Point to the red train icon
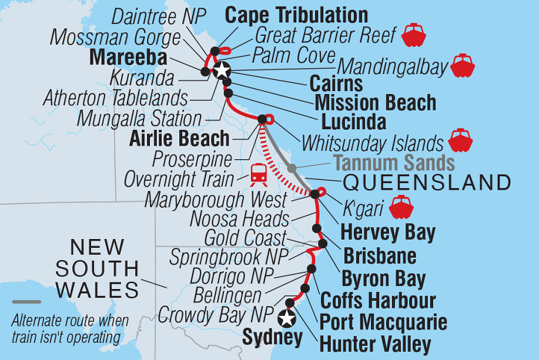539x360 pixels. (258, 173)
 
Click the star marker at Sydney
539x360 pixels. (285, 319)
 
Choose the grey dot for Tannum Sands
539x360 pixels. (293, 167)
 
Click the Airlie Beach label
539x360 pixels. (179, 138)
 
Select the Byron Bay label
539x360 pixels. (383, 280)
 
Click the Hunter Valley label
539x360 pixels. (375, 344)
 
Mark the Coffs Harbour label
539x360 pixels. (377, 302)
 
